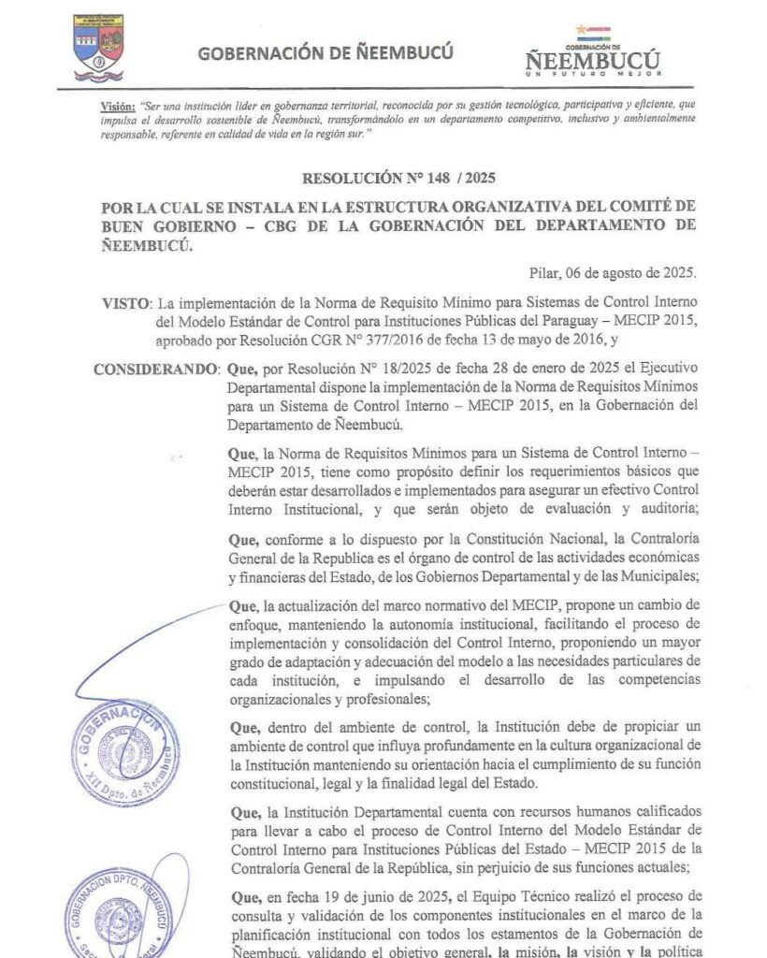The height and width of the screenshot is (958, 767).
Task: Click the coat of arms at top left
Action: [x=98, y=46]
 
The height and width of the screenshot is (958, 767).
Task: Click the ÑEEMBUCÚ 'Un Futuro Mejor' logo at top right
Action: [x=592, y=52]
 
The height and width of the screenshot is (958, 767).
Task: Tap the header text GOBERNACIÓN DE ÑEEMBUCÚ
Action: [x=326, y=52]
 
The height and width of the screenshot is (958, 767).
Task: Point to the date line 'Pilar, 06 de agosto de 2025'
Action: [x=612, y=272]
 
